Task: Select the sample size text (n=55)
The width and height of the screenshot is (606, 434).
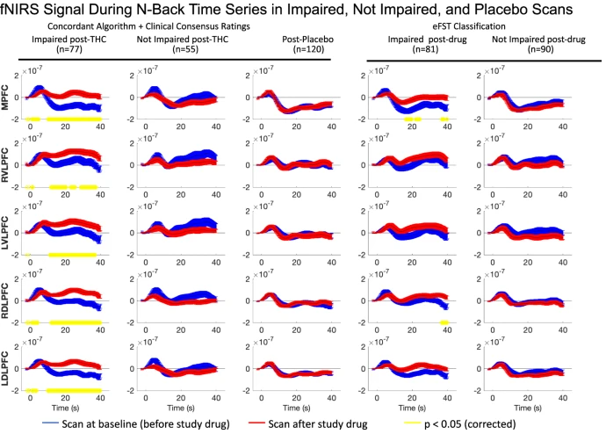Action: click(x=182, y=51)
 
